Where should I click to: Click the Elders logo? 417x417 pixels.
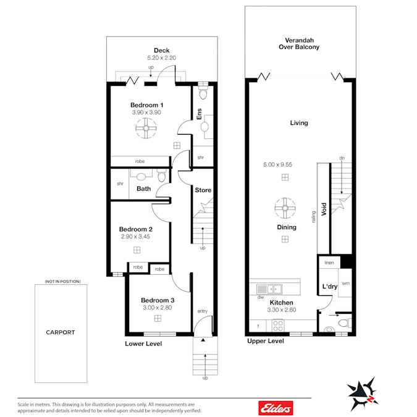[276, 408]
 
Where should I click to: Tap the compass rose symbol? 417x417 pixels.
[363, 394]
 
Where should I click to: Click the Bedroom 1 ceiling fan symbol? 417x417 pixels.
[146, 128]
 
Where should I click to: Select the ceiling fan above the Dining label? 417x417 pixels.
[285, 208]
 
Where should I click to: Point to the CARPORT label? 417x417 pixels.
[61, 332]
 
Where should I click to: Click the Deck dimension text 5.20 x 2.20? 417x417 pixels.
[162, 57]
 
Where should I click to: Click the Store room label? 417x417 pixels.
[203, 190]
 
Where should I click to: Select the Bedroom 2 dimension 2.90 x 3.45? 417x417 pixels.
[135, 237]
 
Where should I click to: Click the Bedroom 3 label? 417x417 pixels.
[158, 300]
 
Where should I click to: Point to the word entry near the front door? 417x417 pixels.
[203, 311]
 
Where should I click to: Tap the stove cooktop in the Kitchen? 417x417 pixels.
[278, 326]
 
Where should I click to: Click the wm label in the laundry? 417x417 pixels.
[346, 284]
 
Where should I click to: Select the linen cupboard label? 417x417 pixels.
[329, 263]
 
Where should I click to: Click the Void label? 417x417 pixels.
[324, 209]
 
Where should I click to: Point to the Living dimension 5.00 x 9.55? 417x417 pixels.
[277, 164]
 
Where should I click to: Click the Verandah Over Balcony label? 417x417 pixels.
[299, 44]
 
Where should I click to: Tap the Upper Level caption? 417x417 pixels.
[266, 341]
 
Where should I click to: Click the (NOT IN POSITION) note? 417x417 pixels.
[62, 281]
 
